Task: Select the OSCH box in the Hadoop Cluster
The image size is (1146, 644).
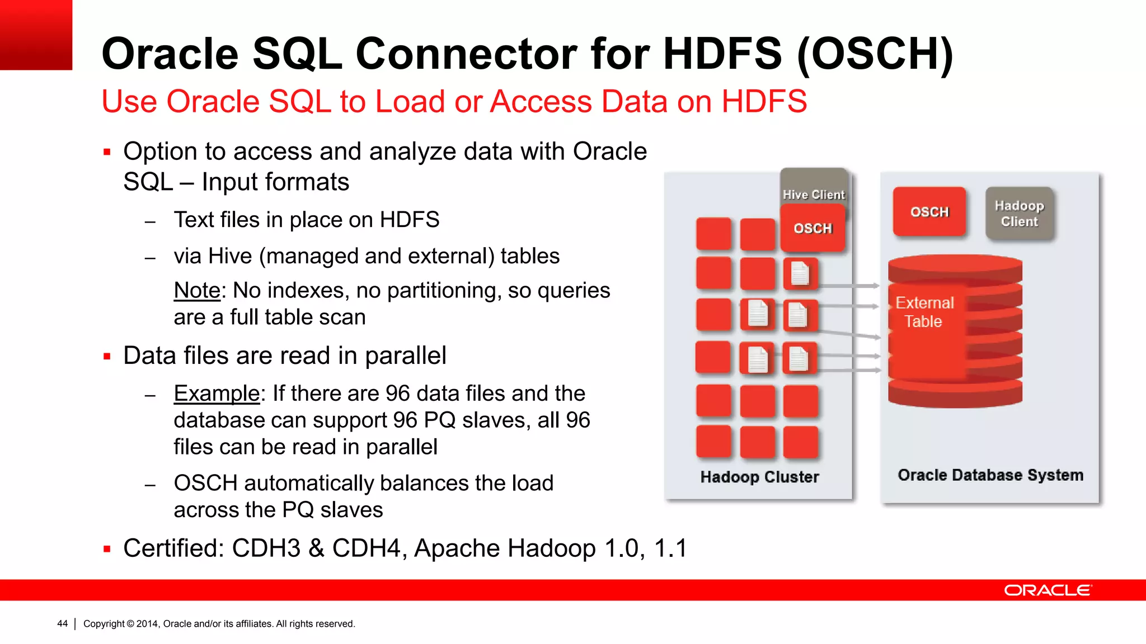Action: click(x=812, y=228)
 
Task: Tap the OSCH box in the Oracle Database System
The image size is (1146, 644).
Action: click(x=929, y=212)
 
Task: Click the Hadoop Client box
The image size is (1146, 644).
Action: click(x=1019, y=214)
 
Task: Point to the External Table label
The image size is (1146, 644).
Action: click(x=924, y=312)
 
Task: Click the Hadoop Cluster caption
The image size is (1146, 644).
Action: click(x=759, y=477)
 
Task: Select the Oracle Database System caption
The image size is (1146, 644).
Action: click(x=990, y=475)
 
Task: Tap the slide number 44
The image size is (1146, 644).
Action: click(x=62, y=623)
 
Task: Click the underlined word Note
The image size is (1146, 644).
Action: click(x=197, y=291)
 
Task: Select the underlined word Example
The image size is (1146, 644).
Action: click(x=217, y=394)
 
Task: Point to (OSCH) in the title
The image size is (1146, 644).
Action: click(x=875, y=54)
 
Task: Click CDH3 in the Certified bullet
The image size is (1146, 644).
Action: click(x=266, y=548)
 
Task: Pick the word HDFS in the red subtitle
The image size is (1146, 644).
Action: click(x=764, y=102)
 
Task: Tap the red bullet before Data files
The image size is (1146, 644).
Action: click(x=107, y=356)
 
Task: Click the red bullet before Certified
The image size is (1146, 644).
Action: click(x=107, y=549)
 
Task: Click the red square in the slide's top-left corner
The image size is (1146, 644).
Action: click(x=36, y=35)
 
